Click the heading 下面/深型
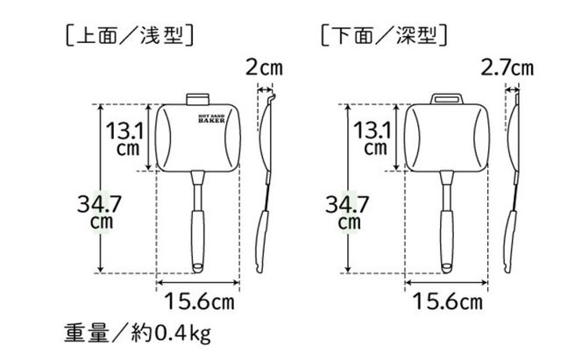pos(385,37)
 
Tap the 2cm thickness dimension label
pos(264,67)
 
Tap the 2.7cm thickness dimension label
pos(507,67)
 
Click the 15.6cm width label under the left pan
pos(200,302)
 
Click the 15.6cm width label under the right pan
pos(448,302)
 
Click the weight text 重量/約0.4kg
pos(137,335)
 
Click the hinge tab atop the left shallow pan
pos(197,97)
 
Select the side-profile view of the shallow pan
pos(265,175)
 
